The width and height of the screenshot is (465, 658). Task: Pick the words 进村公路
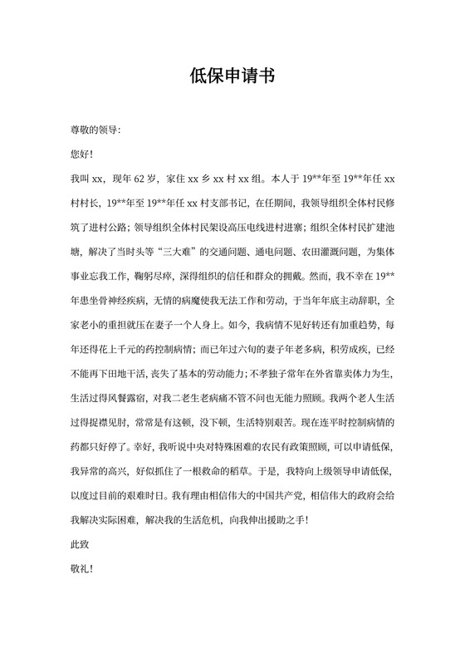coord(115,224)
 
